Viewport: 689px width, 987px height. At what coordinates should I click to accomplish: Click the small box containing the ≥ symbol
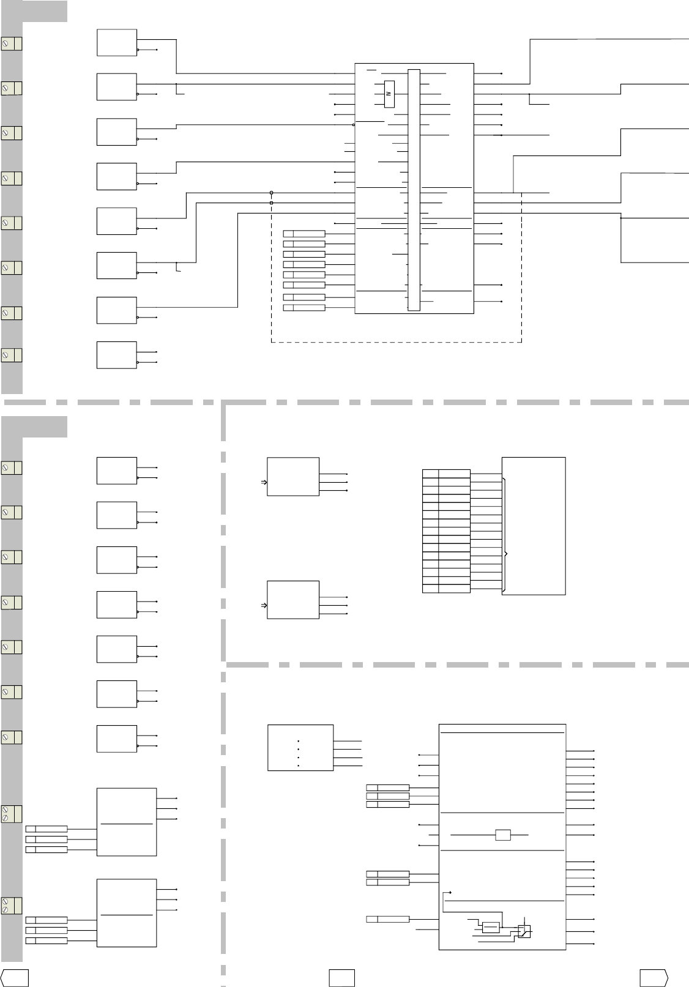coord(389,94)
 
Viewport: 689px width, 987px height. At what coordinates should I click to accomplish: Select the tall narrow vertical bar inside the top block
coord(414,190)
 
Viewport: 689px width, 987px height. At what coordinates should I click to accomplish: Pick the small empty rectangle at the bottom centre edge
coord(341,978)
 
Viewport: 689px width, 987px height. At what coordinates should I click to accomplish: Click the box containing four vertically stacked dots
coord(300,748)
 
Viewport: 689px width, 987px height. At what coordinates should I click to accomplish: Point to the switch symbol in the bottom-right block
coord(524,931)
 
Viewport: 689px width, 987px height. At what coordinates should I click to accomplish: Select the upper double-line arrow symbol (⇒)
coord(264,482)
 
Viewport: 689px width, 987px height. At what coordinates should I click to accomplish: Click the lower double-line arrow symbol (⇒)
coord(264,605)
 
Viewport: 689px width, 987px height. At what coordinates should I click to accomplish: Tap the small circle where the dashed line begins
coord(271,192)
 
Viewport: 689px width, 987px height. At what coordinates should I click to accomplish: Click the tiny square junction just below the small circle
coord(271,203)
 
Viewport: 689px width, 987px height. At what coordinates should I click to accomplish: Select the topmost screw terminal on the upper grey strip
coord(11,43)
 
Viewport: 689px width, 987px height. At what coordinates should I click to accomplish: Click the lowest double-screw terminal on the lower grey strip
coord(11,905)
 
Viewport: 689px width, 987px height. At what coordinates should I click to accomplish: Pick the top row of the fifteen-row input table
coord(446,474)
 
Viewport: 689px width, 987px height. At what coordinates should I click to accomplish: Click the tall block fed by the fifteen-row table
coord(534,526)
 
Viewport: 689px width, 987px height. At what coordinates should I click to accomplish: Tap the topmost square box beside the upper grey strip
coord(116,42)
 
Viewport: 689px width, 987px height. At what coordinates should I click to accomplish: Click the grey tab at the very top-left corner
coord(45,11)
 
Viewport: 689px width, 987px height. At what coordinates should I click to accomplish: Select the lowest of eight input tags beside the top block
coord(304,307)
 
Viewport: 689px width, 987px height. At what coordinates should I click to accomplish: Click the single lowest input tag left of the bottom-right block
coord(387,919)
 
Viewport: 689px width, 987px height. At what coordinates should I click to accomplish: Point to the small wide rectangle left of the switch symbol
coord(491,927)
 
